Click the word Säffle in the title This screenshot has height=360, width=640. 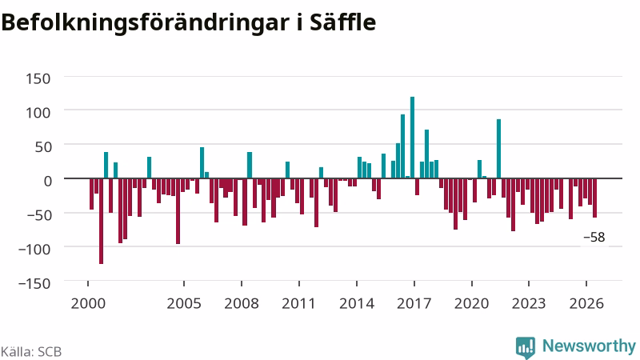(342, 22)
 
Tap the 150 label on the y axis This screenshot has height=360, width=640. (38, 78)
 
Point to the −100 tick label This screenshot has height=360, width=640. (34, 249)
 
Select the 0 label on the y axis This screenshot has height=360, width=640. (48, 181)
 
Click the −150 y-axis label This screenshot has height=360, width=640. (34, 283)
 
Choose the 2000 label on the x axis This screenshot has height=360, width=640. (88, 303)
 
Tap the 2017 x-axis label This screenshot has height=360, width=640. (414, 303)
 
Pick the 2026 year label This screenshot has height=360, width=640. (586, 303)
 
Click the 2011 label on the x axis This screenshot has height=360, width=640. (298, 303)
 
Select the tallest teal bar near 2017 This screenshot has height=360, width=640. (412, 138)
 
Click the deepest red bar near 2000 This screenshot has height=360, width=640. (102, 222)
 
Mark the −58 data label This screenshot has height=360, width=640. (594, 237)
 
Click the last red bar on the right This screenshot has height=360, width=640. (594, 198)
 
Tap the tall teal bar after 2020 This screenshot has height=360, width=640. (498, 149)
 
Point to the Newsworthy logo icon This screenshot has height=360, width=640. (526, 348)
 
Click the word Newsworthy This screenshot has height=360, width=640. (589, 346)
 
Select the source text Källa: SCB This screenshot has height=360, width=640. (31, 351)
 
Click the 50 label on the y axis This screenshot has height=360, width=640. (43, 146)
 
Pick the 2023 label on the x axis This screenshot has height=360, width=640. (529, 303)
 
